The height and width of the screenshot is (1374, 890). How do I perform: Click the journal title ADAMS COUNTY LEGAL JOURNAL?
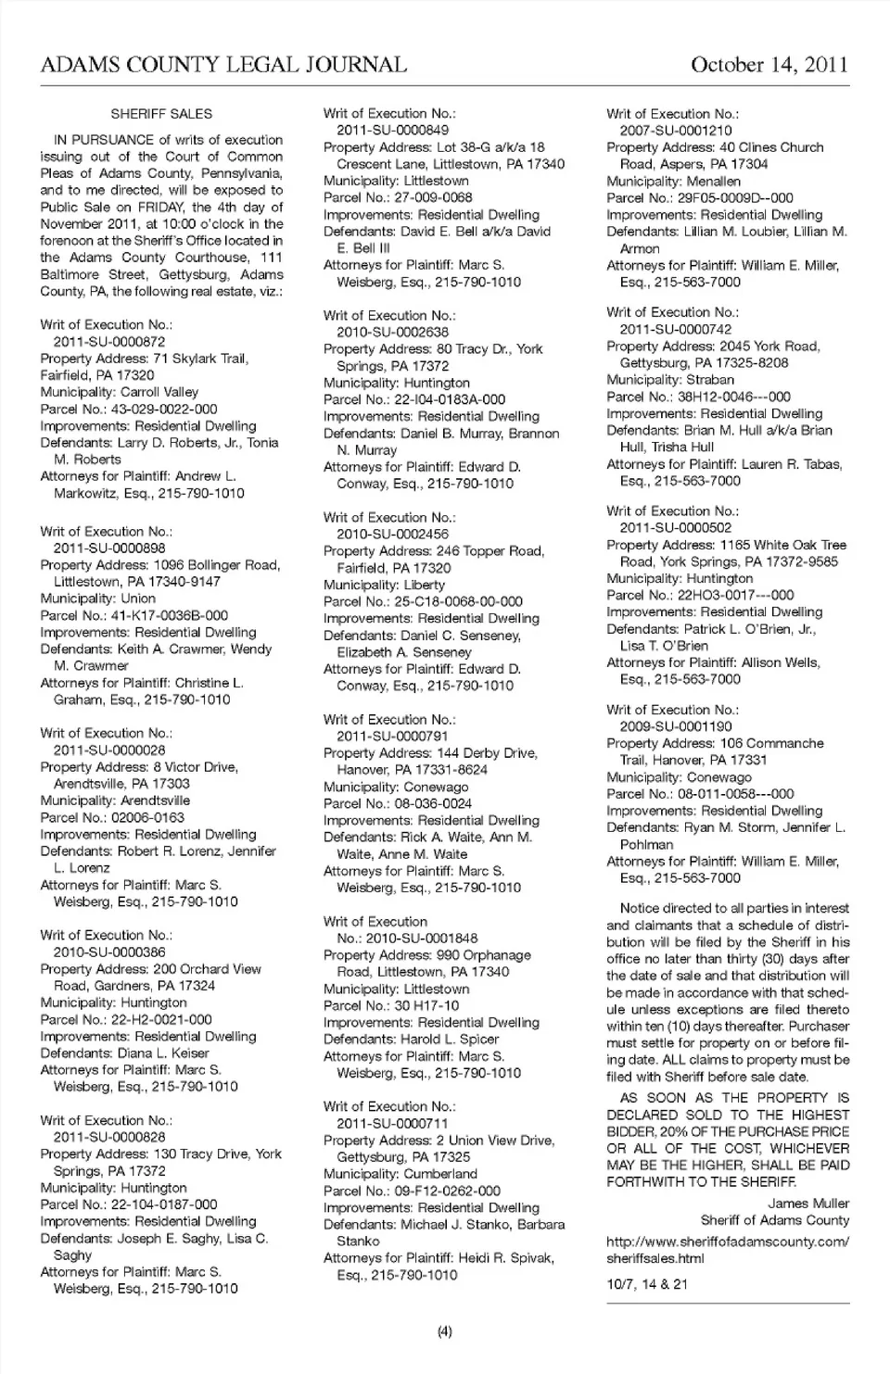tap(223, 65)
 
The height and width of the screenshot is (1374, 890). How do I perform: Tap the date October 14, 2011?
tap(769, 65)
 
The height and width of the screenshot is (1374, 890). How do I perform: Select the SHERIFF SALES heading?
tap(161, 114)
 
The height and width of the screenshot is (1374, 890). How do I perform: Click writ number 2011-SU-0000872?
tap(109, 342)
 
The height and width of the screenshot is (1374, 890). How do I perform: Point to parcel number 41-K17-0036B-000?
tap(172, 615)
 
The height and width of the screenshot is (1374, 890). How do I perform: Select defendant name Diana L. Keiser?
tap(163, 1053)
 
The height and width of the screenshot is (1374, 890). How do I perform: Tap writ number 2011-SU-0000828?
tap(109, 1137)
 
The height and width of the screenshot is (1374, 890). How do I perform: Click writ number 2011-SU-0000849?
tap(392, 131)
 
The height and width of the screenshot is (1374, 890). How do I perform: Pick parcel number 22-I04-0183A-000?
tap(450, 399)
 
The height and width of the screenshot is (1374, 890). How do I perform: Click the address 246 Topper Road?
tap(490, 551)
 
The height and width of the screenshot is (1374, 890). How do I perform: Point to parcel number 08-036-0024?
tap(433, 803)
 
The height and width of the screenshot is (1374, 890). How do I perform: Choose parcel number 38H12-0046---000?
tap(734, 397)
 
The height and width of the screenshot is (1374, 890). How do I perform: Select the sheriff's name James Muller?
tap(808, 1204)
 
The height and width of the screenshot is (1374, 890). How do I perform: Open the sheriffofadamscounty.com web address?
tap(727, 1250)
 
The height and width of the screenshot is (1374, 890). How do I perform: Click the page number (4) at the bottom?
tap(445, 1332)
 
